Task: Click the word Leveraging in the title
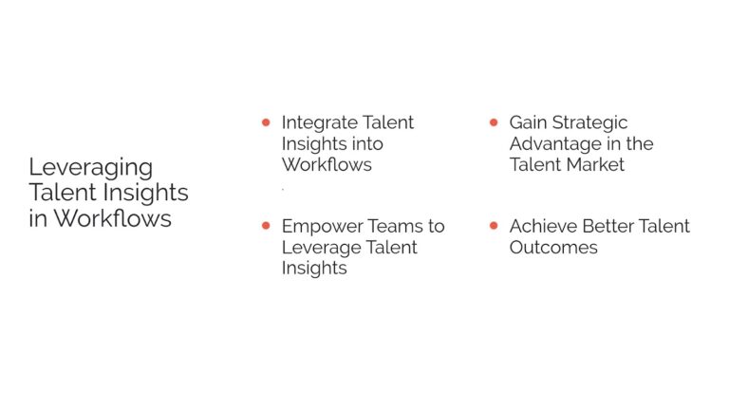[x=90, y=167]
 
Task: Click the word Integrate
[x=320, y=122]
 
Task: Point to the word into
[x=366, y=143]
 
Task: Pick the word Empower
[x=320, y=226]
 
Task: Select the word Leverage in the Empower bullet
[x=319, y=247]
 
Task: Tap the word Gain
[x=529, y=122]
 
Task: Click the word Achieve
[x=542, y=226]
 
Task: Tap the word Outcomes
[x=553, y=247]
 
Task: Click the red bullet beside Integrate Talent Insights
[x=266, y=122]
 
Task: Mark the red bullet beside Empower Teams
[x=266, y=226]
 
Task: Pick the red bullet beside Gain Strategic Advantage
[x=494, y=122]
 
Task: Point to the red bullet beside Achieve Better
[x=494, y=226]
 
